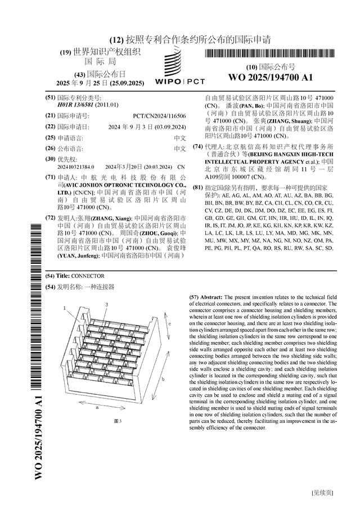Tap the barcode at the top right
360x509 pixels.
[x=264, y=54]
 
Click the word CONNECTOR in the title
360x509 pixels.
[x=88, y=276]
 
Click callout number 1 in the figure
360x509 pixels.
[x=65, y=308]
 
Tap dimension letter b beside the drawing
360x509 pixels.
[x=162, y=380]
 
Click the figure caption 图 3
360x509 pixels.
[x=118, y=421]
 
